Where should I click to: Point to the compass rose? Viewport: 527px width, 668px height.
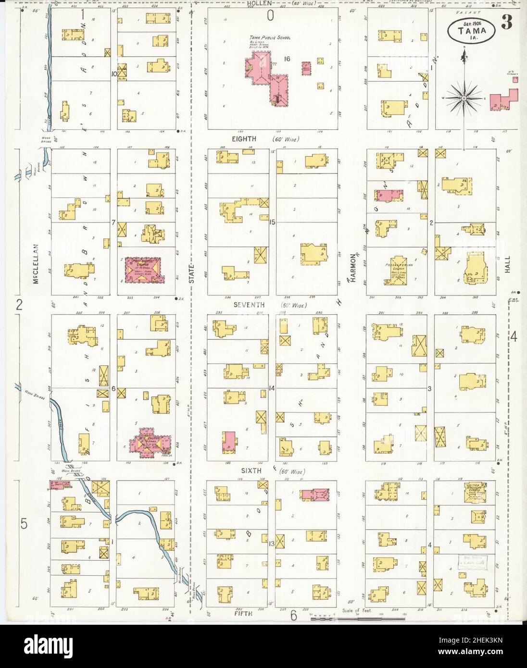(464, 99)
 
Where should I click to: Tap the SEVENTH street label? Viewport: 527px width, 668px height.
(249, 305)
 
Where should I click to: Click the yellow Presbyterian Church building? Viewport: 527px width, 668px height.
(397, 271)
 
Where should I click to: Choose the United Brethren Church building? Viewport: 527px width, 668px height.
(475, 493)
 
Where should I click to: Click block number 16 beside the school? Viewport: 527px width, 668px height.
(288, 59)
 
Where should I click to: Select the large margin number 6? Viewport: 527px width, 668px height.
(293, 615)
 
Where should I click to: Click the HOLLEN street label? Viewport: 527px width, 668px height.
(260, 4)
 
